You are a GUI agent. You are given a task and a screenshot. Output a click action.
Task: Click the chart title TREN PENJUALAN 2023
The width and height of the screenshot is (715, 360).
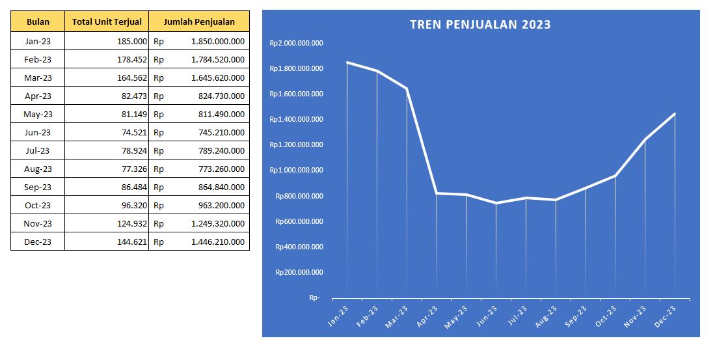click(x=480, y=25)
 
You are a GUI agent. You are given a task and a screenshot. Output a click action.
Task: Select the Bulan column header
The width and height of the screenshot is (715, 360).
click(x=38, y=22)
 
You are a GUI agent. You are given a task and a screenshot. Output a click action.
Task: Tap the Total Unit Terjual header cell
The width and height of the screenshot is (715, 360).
click(x=107, y=22)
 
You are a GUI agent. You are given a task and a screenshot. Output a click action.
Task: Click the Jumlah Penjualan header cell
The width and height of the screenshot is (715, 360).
click(x=199, y=22)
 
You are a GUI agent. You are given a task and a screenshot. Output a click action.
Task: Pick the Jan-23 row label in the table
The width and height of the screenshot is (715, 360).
click(x=38, y=41)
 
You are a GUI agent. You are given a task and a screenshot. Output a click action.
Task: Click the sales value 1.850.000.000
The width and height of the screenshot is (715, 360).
click(x=217, y=41)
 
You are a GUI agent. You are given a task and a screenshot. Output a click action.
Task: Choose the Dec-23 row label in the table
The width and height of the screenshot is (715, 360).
click(x=38, y=242)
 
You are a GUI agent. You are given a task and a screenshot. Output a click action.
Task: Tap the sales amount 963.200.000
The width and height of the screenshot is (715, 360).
click(x=221, y=205)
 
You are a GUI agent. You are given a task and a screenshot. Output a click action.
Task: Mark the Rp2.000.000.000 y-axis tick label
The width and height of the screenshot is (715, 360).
click(x=297, y=43)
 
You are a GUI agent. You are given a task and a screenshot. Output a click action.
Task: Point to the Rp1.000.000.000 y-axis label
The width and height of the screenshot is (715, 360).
click(x=297, y=171)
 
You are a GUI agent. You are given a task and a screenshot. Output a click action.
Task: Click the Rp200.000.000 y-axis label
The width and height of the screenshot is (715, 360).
click(x=299, y=272)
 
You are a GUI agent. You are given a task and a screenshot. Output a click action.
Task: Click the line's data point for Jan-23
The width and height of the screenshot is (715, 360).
click(x=347, y=62)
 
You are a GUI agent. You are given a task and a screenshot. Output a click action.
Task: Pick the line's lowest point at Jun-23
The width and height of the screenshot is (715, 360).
click(x=496, y=203)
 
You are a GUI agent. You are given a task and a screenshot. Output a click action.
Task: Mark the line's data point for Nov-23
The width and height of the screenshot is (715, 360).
click(x=645, y=139)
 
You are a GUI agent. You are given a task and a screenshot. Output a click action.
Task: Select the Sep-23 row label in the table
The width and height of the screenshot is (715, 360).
click(x=38, y=187)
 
